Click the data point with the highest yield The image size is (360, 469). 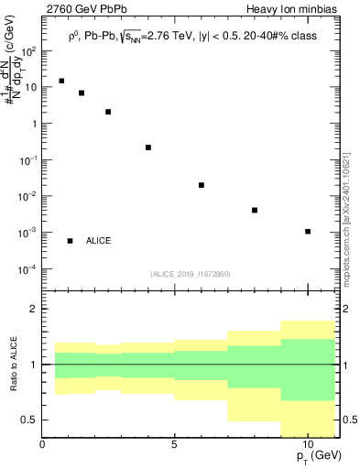pyautogui.click(x=61, y=81)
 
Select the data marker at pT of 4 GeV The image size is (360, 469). pyautogui.click(x=148, y=147)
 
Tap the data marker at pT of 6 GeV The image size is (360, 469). pyautogui.click(x=202, y=185)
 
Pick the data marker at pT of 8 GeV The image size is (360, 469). pyautogui.click(x=255, y=210)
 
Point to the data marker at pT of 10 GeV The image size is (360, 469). pyautogui.click(x=308, y=231)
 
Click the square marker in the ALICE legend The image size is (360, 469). pyautogui.click(x=70, y=240)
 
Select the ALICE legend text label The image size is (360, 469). pyautogui.click(x=99, y=240)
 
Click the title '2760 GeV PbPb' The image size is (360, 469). pyautogui.click(x=79, y=9)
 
